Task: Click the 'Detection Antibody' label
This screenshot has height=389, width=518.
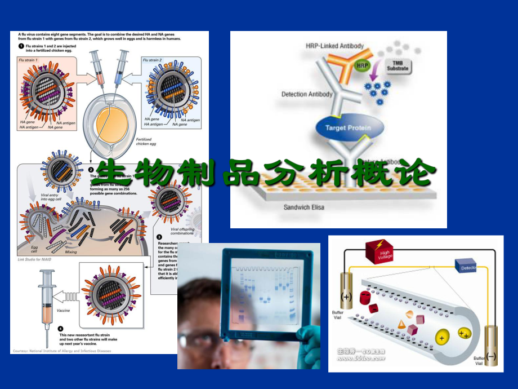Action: pyautogui.click(x=307, y=94)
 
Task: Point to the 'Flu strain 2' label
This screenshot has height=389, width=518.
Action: pyautogui.click(x=153, y=60)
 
